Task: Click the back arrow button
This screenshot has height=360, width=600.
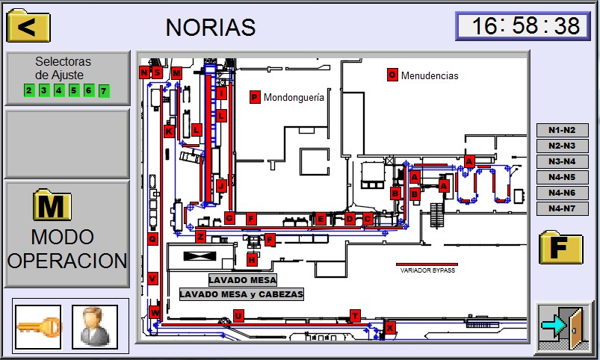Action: (28, 27)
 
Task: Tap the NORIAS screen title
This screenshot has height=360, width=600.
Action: (211, 27)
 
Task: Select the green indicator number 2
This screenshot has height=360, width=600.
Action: (29, 91)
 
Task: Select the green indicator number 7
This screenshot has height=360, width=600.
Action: (104, 91)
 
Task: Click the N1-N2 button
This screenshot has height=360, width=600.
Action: (562, 130)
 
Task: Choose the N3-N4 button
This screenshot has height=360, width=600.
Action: (562, 161)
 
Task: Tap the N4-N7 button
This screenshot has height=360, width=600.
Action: (562, 208)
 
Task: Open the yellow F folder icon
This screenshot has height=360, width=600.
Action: (560, 247)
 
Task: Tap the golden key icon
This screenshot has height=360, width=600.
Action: (37, 327)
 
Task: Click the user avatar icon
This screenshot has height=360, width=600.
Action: (94, 327)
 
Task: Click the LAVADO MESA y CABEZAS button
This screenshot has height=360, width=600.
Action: (241, 294)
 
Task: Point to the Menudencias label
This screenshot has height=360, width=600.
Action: (430, 75)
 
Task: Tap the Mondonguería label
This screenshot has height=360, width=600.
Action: (294, 97)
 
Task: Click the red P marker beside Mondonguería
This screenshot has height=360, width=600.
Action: (255, 97)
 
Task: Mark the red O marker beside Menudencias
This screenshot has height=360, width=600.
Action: (392, 75)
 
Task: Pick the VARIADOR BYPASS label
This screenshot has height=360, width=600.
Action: (427, 270)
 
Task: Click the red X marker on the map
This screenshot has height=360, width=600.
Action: (389, 327)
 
